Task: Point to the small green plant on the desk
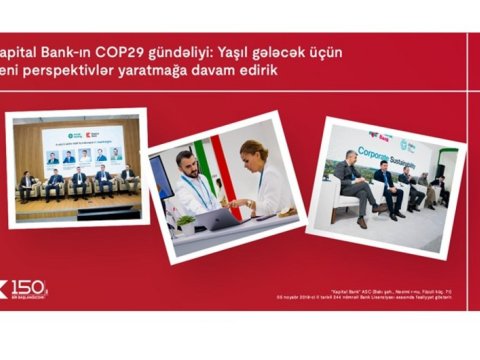pyautogui.click(x=185, y=222)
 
